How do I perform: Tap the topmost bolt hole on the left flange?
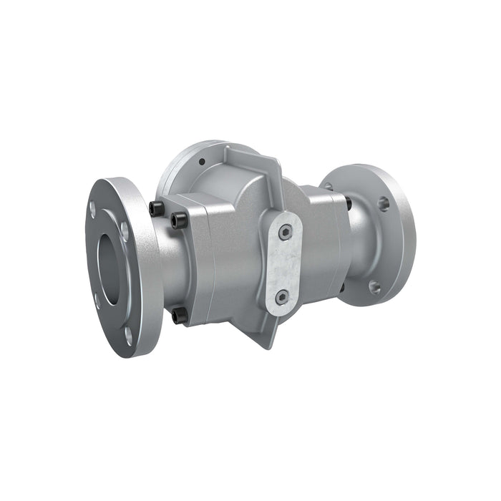pyautogui.click(x=92, y=209)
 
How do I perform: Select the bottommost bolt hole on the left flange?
pyautogui.click(x=129, y=332)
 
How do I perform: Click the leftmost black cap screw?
pyautogui.click(x=156, y=208)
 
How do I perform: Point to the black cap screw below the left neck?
pyautogui.click(x=179, y=315)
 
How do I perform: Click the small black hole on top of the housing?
pyautogui.click(x=203, y=161)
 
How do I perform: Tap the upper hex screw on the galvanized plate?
pyautogui.click(x=286, y=231)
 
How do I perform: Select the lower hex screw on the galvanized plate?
pyautogui.click(x=282, y=296)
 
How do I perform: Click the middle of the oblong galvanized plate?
pyautogui.click(x=284, y=263)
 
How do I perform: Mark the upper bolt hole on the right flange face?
pyautogui.click(x=384, y=203)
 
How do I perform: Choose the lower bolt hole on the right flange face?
pyautogui.click(x=374, y=287)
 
